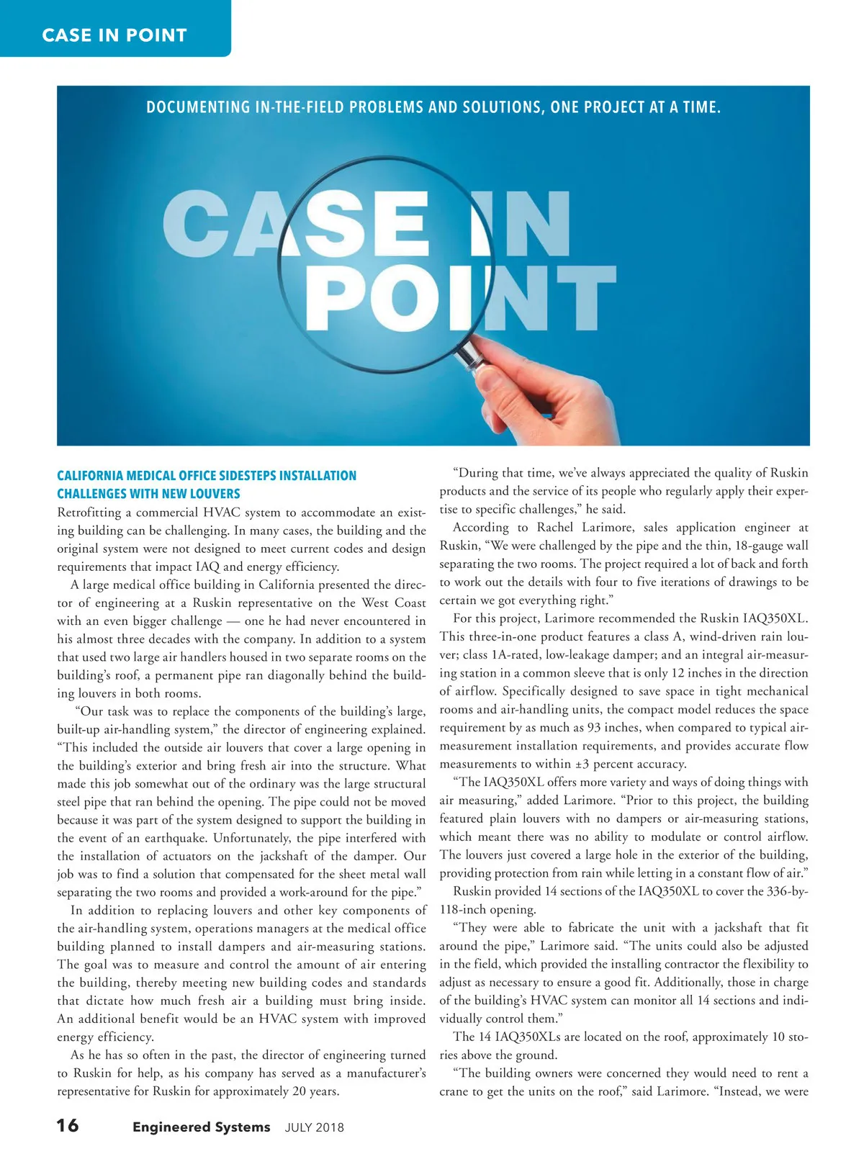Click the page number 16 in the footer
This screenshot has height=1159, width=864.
tap(68, 1125)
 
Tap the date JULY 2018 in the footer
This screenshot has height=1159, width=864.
tap(315, 1128)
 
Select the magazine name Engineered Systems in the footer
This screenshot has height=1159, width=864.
tap(201, 1127)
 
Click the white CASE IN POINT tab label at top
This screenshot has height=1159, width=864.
tap(114, 35)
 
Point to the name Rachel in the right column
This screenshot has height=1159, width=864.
tap(555, 528)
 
